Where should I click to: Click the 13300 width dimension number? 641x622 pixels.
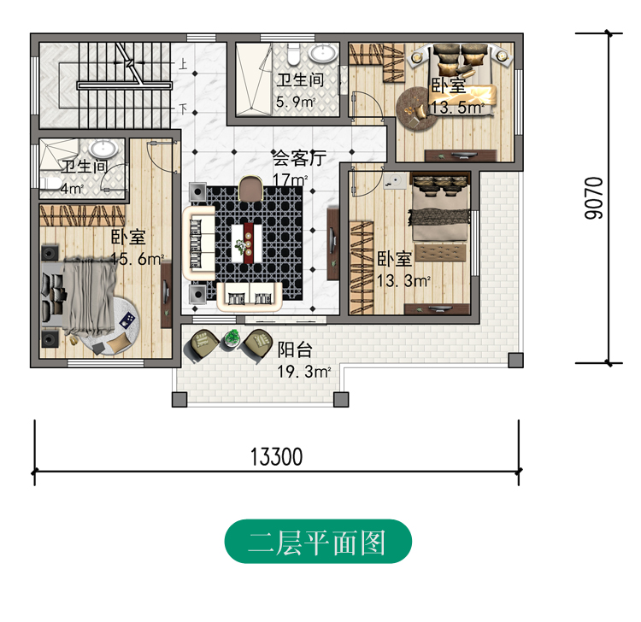tap(276, 457)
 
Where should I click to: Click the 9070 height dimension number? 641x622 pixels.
tap(594, 198)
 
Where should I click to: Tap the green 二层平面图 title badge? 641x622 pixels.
tap(318, 542)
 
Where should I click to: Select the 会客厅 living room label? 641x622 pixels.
tap(299, 158)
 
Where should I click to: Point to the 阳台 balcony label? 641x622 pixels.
tap(295, 349)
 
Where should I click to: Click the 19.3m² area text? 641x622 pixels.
tap(303, 372)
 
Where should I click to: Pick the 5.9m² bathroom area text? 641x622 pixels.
tap(296, 102)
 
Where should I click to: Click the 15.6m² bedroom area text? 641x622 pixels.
tap(138, 258)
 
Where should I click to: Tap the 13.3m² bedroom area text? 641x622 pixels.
tap(403, 281)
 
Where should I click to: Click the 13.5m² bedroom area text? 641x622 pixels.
tap(457, 107)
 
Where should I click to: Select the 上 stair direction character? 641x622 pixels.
tap(182, 64)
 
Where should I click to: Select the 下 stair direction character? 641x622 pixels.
tap(183, 109)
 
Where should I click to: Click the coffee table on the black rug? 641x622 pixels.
tap(247, 244)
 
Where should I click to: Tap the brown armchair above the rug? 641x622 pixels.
tap(250, 189)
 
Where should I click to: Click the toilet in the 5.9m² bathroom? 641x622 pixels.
tap(293, 55)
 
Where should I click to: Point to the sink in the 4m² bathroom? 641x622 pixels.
tap(103, 149)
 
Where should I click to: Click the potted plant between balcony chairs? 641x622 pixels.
tap(232, 338)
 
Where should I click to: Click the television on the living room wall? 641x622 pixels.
tap(333, 243)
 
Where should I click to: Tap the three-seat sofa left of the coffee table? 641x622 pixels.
tap(199, 244)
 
